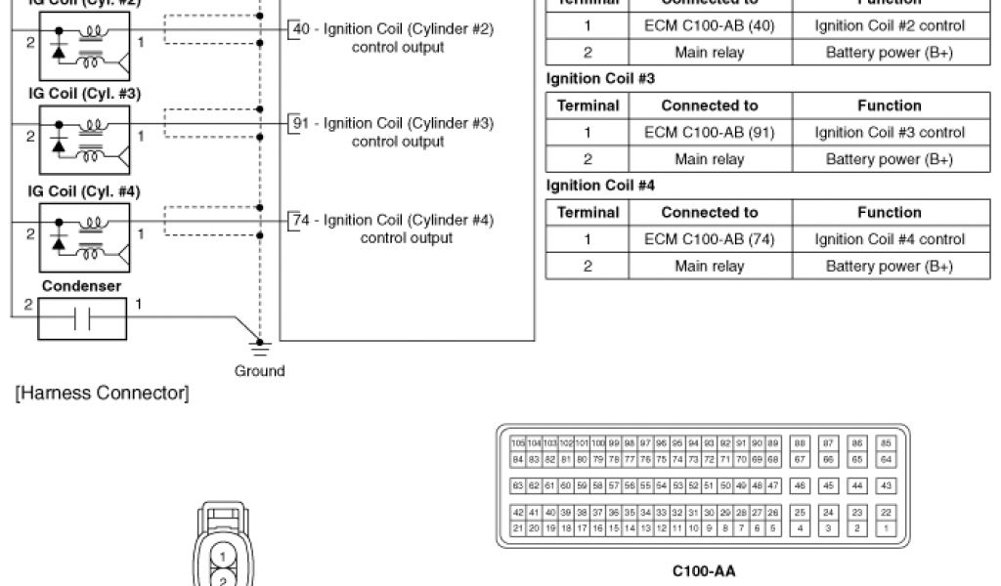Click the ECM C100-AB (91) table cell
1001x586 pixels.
tap(710, 132)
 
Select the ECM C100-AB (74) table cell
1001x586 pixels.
tap(710, 238)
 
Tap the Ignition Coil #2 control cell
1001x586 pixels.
tap(889, 25)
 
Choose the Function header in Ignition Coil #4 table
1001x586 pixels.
tap(889, 212)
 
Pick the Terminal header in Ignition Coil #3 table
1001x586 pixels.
tap(588, 105)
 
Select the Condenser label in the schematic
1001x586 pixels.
tap(82, 286)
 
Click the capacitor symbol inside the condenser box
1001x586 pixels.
tap(82, 319)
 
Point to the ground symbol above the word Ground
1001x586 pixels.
tap(260, 344)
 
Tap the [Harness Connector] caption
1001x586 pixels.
tap(102, 394)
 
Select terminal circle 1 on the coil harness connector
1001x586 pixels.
tap(224, 557)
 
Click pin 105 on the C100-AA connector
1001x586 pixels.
tap(518, 443)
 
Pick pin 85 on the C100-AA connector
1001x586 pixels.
tap(887, 443)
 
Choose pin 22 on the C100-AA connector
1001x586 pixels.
tap(887, 512)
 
